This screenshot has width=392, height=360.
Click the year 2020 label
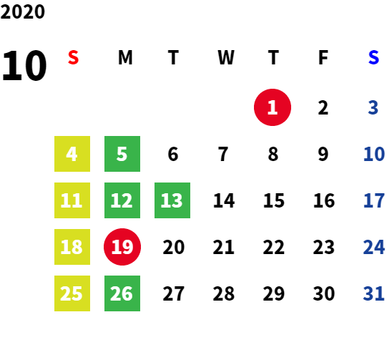click(22, 11)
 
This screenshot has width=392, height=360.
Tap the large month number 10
click(24, 65)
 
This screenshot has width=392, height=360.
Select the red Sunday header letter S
click(73, 57)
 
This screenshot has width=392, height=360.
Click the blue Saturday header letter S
click(373, 57)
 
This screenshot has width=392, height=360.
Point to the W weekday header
click(226, 57)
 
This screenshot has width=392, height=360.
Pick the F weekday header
click(323, 57)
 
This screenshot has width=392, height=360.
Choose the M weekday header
click(125, 57)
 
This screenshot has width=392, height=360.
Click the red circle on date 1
click(273, 107)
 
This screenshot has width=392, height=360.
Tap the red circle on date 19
click(122, 247)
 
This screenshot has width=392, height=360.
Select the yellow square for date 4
click(72, 154)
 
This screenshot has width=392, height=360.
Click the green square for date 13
click(172, 200)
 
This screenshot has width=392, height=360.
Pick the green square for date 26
click(122, 293)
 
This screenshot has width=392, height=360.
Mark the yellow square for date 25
click(72, 293)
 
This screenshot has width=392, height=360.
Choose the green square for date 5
click(122, 154)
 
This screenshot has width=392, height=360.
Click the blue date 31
click(373, 293)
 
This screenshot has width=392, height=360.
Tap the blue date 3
click(373, 107)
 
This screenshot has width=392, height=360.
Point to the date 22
click(273, 247)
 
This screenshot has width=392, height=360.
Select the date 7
click(223, 154)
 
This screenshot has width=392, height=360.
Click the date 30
click(324, 293)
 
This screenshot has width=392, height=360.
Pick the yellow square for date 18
click(72, 247)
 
